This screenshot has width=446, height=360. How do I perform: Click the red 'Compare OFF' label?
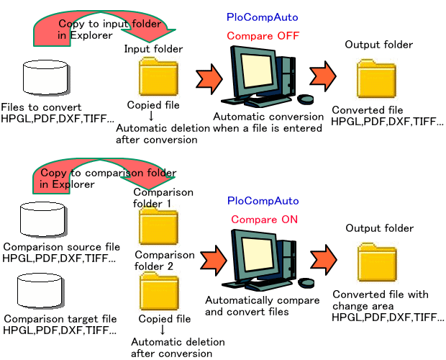coord(263,35)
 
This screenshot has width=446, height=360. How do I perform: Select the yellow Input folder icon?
coord(158,78)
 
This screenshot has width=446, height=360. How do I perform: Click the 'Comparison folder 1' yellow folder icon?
coord(158,228)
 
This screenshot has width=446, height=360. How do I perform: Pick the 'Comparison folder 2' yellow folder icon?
coord(158,292)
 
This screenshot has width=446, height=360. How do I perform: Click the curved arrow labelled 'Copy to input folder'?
coord(101,30)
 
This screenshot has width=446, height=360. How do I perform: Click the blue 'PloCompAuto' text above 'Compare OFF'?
coord(263,16)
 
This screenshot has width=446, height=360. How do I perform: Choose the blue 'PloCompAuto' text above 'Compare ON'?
coord(263,200)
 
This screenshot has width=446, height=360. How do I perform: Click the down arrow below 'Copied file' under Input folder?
coord(151,117)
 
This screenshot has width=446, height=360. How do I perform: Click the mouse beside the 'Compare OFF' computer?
coord(305,99)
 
